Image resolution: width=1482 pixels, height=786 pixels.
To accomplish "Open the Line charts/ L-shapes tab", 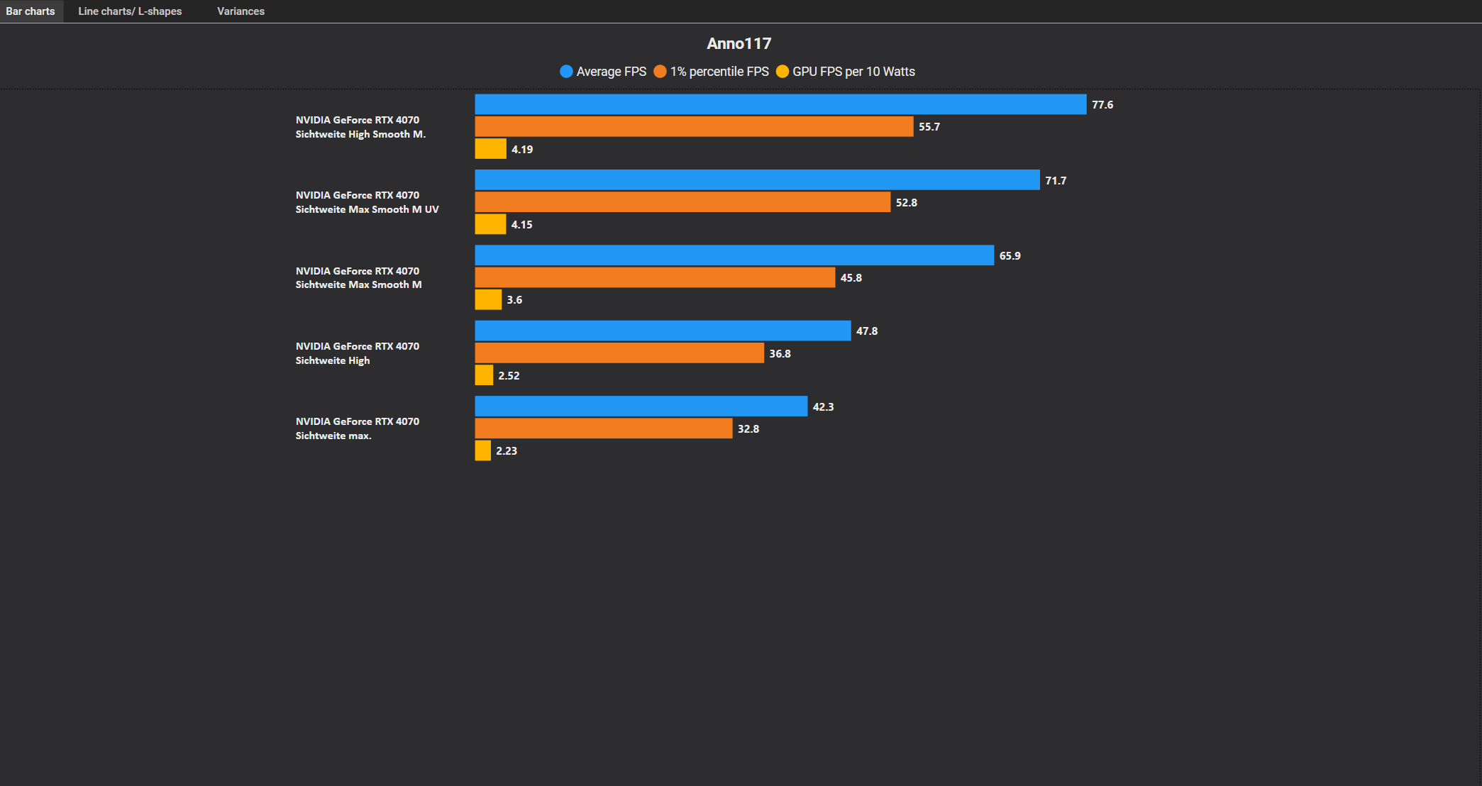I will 130,11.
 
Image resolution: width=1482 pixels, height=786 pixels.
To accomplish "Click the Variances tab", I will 240,11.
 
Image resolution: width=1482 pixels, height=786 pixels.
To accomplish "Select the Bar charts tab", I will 31,11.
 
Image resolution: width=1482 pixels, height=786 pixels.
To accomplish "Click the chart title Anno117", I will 739,44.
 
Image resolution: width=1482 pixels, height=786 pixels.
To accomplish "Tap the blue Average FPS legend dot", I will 566,72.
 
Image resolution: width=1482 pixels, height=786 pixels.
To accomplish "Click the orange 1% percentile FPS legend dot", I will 660,72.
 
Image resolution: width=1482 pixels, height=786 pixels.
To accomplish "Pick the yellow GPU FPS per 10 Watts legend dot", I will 783,72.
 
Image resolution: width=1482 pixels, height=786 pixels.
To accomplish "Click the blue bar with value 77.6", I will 780,104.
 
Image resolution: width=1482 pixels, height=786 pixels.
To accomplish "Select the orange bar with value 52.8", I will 682,202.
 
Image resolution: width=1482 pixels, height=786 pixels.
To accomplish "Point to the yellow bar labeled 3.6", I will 488,299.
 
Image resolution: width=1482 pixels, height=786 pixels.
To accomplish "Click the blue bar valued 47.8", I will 663,331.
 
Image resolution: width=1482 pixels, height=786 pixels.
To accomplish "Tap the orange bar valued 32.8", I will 604,428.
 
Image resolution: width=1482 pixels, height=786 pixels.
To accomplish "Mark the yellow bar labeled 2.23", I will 482,450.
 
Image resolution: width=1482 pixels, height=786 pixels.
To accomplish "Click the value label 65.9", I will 1010,256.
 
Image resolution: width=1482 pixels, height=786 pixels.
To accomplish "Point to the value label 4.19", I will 522,150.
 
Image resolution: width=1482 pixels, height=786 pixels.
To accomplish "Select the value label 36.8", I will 780,354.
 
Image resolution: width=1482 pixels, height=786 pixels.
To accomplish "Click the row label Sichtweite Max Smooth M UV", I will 367,209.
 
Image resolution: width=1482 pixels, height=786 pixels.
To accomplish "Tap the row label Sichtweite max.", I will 333,436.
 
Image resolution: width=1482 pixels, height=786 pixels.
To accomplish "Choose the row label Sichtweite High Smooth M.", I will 360,134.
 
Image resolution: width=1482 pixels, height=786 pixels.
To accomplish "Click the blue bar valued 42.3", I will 641,406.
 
